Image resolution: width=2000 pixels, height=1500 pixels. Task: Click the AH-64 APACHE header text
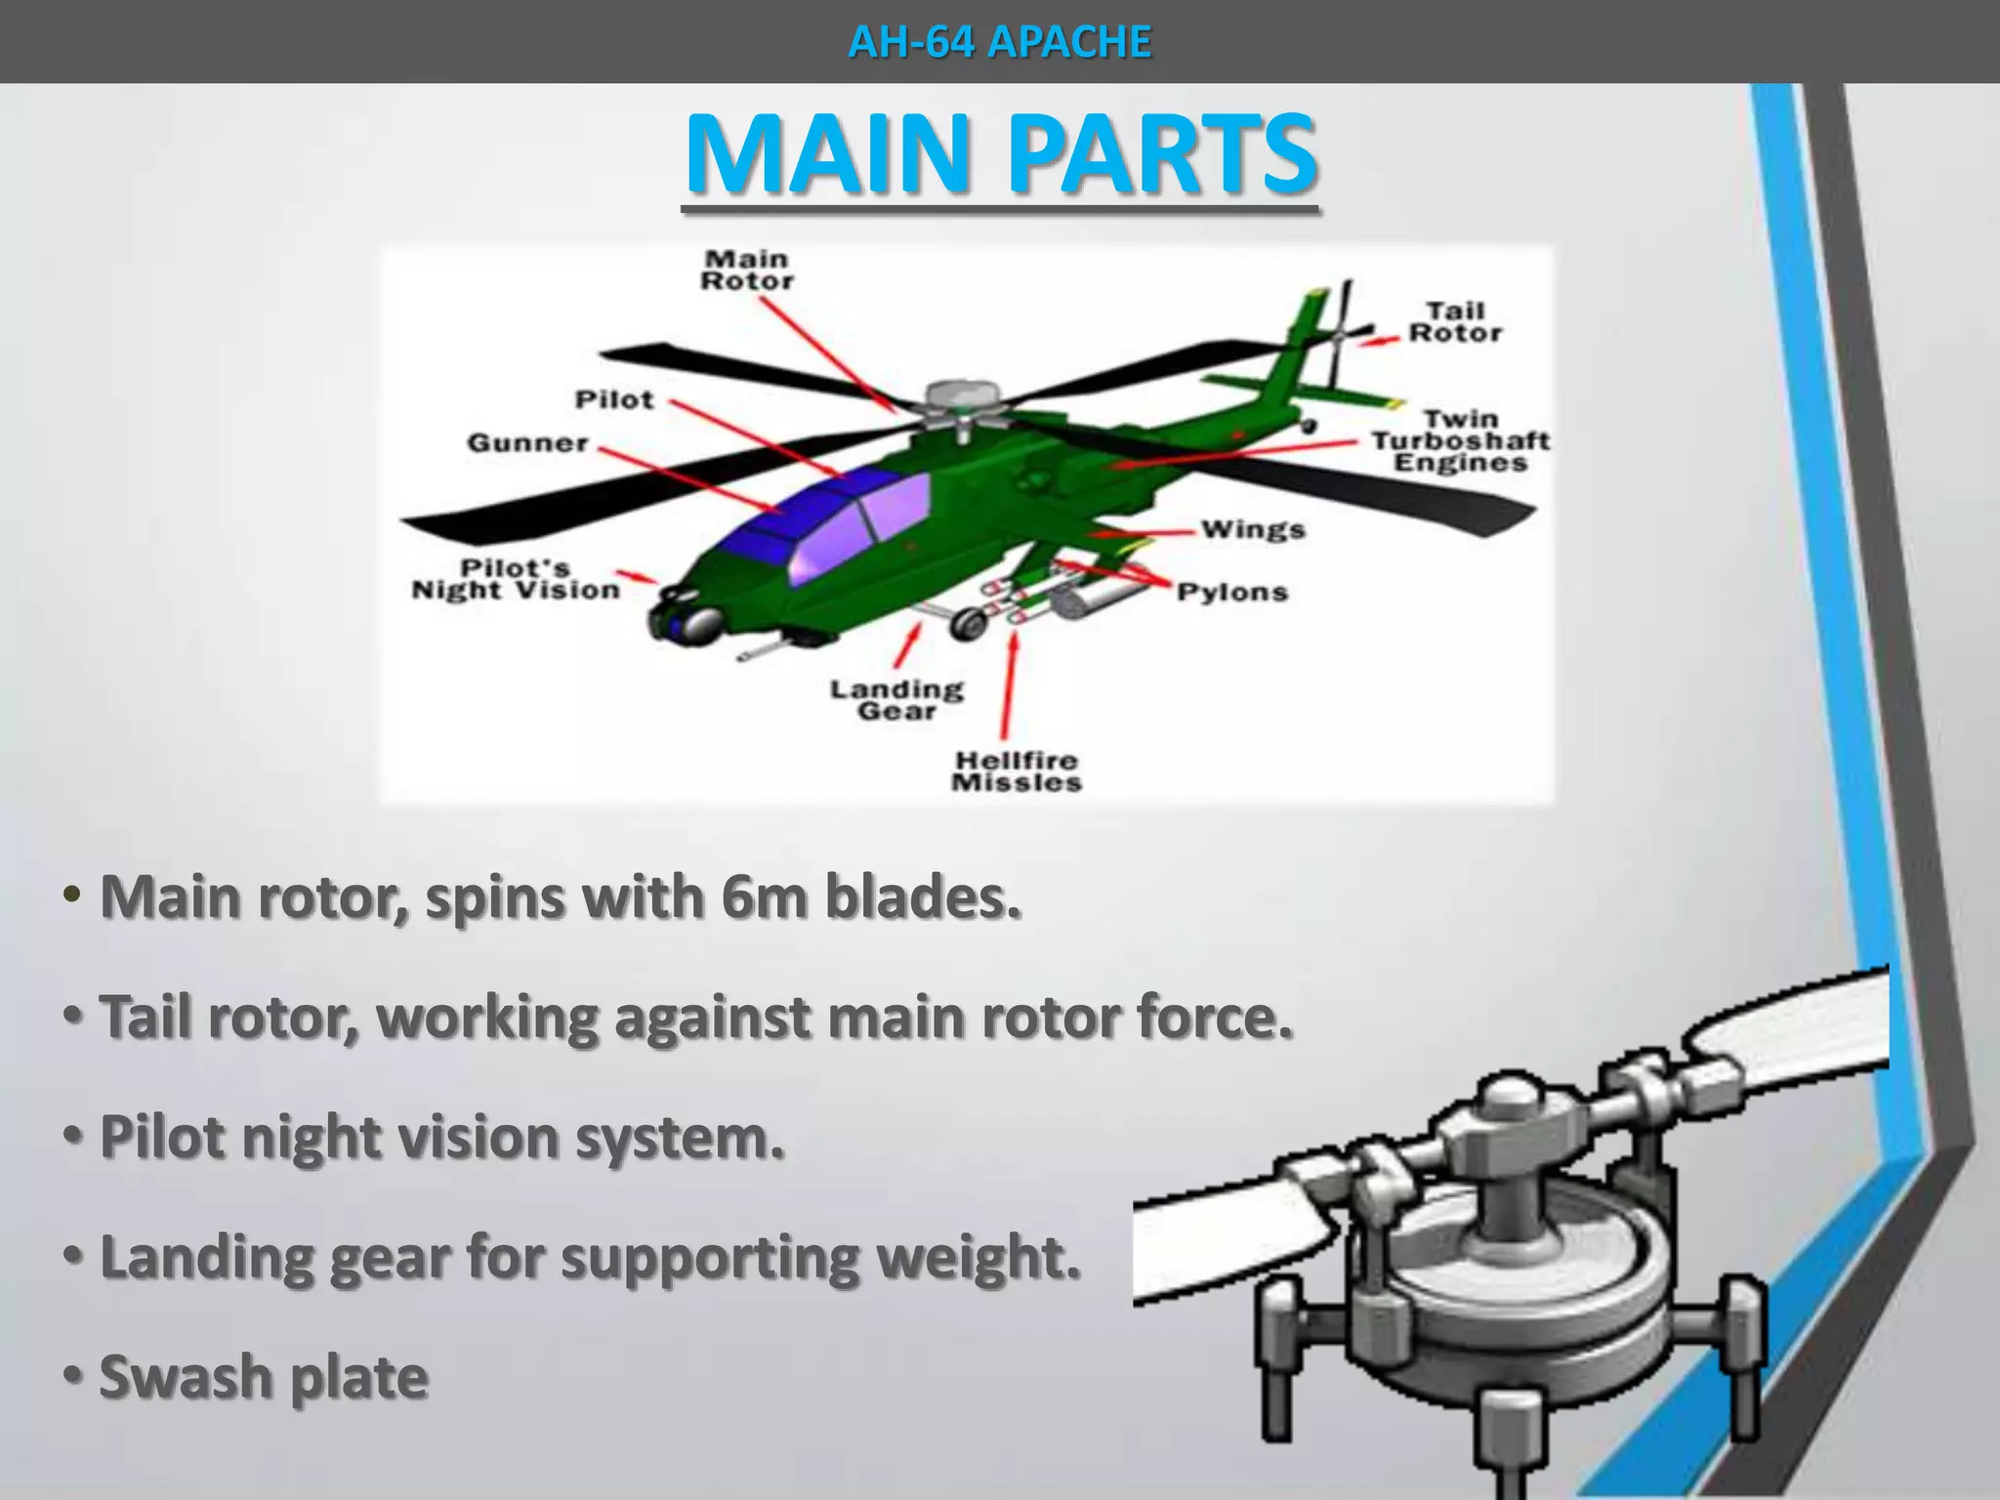pyautogui.click(x=1000, y=42)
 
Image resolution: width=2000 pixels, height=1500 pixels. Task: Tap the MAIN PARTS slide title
pyautogui.click(x=1001, y=154)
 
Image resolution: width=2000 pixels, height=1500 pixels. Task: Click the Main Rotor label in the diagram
pyautogui.click(x=747, y=271)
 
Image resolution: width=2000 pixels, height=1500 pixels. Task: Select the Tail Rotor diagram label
pyautogui.click(x=1454, y=322)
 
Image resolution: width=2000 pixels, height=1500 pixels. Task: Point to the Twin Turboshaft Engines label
pyautogui.click(x=1460, y=440)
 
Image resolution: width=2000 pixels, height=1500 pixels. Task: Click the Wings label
pyautogui.click(x=1253, y=529)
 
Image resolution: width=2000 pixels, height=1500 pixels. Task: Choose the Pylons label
pyautogui.click(x=1232, y=592)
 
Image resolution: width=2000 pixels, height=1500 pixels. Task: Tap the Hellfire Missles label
pyautogui.click(x=1017, y=771)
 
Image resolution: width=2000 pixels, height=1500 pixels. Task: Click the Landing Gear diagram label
pyautogui.click(x=896, y=700)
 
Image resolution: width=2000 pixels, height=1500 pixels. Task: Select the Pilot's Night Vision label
pyautogui.click(x=516, y=579)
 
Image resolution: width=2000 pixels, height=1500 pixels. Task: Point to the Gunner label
pyautogui.click(x=527, y=443)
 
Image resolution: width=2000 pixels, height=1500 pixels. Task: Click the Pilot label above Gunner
pyautogui.click(x=614, y=399)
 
